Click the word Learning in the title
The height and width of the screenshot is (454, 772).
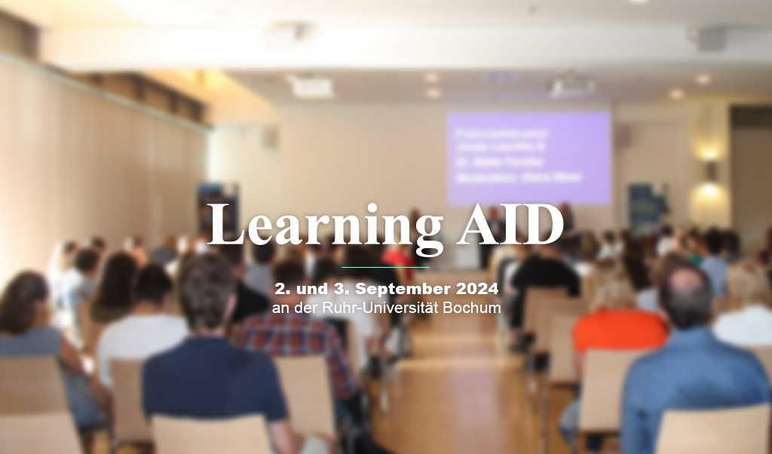point(325,225)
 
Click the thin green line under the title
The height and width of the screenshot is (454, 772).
point(385,267)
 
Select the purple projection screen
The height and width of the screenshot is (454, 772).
point(528,158)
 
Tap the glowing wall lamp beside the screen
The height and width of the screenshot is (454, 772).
point(709,167)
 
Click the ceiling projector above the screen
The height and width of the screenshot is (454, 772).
point(571,87)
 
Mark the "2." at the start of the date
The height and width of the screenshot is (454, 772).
point(280,288)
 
